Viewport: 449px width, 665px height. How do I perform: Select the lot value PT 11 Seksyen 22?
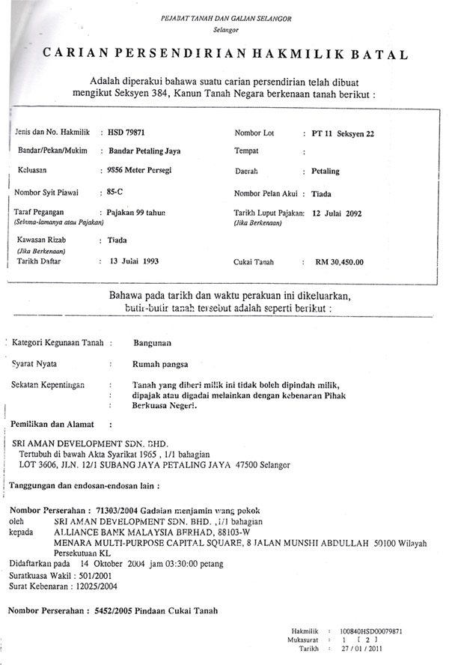pos(343,133)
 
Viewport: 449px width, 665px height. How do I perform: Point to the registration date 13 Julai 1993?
pos(134,261)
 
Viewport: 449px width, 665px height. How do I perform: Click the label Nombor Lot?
pos(254,133)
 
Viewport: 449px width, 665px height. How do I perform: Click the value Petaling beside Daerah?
pos(325,171)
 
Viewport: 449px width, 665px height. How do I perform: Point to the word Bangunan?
pos(152,343)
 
